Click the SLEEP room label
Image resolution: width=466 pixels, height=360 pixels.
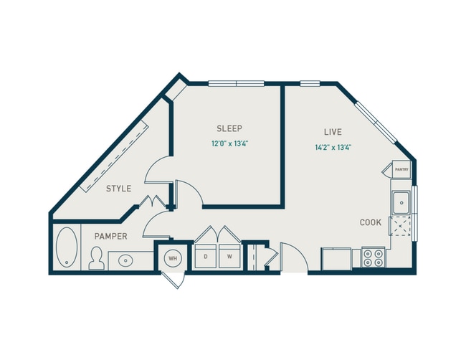click(x=229, y=128)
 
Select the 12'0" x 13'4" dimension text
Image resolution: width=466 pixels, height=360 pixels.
click(x=229, y=143)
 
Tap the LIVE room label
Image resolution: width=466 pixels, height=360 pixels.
click(x=332, y=132)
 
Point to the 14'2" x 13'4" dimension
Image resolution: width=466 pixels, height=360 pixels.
click(x=332, y=147)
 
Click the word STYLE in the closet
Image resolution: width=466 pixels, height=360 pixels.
click(x=119, y=189)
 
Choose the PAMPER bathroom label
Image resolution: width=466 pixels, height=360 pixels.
click(x=110, y=236)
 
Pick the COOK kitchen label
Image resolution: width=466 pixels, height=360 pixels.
click(x=370, y=222)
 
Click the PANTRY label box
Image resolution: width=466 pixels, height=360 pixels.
click(x=401, y=170)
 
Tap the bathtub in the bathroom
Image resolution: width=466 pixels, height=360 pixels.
click(x=66, y=247)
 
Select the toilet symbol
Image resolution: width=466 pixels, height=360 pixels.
click(x=96, y=259)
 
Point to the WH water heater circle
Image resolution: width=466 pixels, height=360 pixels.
click(x=173, y=257)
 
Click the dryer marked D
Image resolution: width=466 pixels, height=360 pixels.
click(x=206, y=256)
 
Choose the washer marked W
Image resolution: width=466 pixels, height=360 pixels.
click(x=229, y=256)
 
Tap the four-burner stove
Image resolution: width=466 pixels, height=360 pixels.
click(x=373, y=257)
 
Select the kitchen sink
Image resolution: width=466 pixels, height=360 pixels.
click(x=401, y=202)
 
